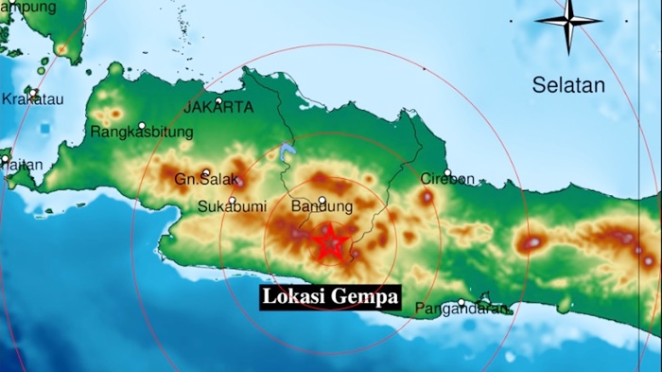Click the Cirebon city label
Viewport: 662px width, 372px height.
click(446, 179)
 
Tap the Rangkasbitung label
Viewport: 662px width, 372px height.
click(142, 133)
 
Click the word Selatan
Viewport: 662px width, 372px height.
click(567, 85)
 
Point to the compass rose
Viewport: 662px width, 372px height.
click(569, 21)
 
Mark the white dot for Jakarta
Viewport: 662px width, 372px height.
click(218, 100)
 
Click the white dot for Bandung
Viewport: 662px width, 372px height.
click(322, 200)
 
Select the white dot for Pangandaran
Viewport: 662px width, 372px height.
click(461, 303)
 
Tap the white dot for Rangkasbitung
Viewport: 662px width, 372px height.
click(142, 125)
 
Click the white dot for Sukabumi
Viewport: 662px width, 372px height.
click(232, 199)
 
